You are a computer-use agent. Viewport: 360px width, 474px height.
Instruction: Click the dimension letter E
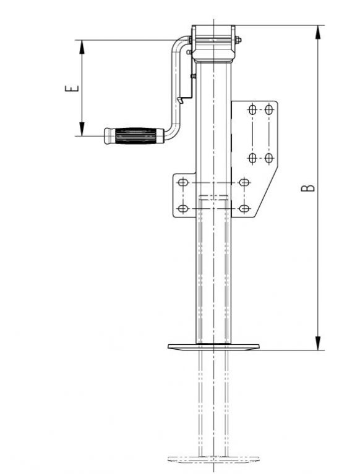(72, 89)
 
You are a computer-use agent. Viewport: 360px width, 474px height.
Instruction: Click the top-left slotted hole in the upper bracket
(252, 111)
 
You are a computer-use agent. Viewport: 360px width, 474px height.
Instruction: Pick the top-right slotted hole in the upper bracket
(269, 111)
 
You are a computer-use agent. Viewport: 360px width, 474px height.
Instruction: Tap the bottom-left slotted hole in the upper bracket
(252, 158)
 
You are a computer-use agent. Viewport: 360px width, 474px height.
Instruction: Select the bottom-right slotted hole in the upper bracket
(269, 158)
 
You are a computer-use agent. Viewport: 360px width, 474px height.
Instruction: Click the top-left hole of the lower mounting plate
(182, 183)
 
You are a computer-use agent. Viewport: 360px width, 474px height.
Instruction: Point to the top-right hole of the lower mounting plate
(244, 183)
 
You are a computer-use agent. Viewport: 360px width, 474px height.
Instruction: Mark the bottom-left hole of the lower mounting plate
(182, 208)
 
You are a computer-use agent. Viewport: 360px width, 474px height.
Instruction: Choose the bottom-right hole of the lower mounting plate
(244, 208)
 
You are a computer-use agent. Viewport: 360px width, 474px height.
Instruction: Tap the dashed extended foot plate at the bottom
(213, 459)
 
